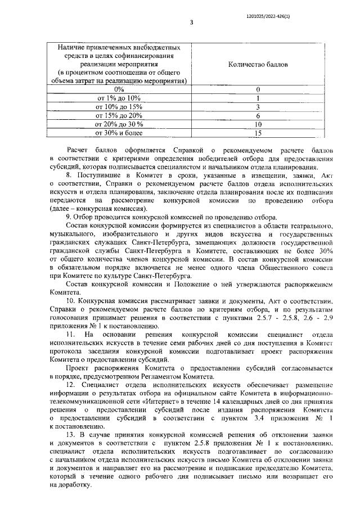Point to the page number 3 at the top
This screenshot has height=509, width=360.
(191, 23)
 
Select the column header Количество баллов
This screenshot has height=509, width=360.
(257, 65)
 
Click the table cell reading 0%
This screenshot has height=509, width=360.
(119, 89)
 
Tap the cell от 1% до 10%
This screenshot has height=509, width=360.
(119, 98)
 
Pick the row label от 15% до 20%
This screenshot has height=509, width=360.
(119, 115)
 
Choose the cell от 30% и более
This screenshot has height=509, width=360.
(119, 133)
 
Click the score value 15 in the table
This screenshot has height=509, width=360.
(258, 133)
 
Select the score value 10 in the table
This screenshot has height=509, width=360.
(258, 124)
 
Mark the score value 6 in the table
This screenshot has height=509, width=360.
(258, 115)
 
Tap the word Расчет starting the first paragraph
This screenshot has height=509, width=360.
(77, 151)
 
